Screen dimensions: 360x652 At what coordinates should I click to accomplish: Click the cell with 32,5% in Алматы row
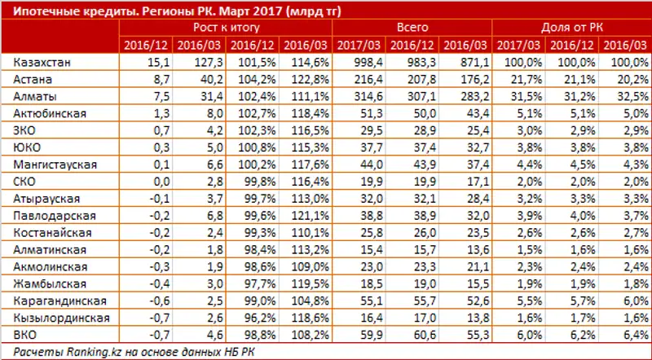click(624, 95)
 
